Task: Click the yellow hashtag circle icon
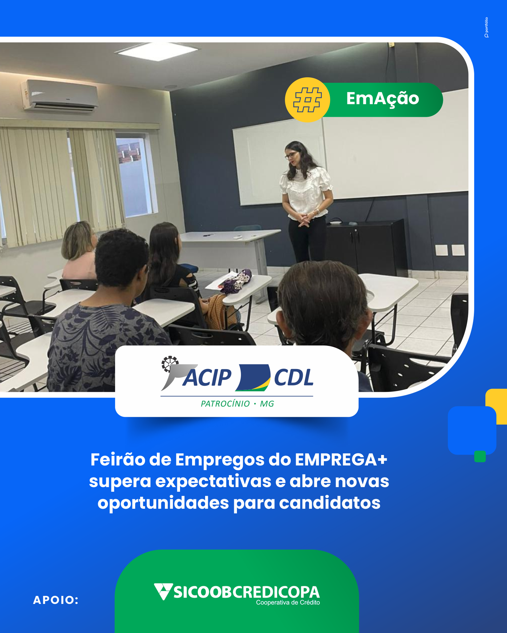pos(307,100)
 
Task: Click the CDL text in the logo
pos(294,377)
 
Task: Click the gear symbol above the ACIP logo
pos(170,364)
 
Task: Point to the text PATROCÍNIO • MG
pos(237,404)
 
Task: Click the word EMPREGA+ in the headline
pos(341,460)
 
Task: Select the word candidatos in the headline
pos(330,503)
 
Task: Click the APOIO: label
pos(56,600)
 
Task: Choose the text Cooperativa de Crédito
pos(288,603)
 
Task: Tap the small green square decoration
pos(480,456)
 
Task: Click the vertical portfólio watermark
pos(486,27)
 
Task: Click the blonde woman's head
pos(78,240)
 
